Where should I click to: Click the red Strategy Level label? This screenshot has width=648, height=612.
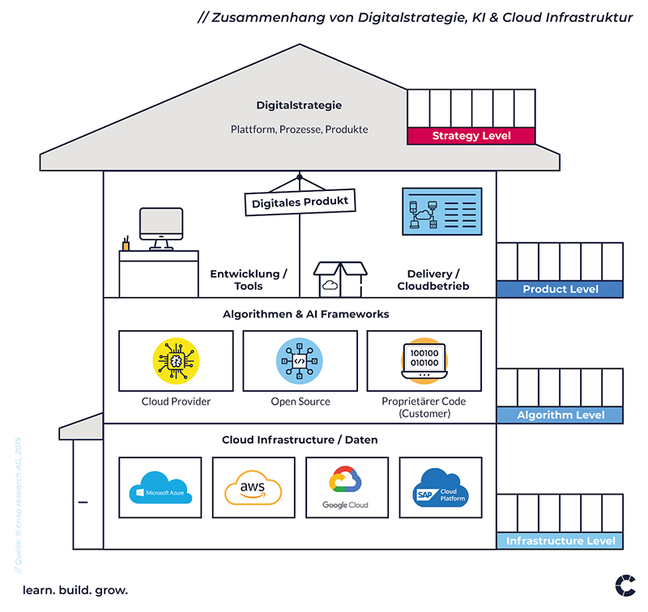[471, 136]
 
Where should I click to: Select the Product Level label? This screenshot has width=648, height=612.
[560, 289]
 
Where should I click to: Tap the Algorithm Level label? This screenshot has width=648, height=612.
[560, 415]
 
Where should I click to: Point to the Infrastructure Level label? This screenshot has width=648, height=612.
[560, 541]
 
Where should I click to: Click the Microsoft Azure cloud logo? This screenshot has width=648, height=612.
[160, 487]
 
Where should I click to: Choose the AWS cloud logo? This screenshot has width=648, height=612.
[253, 487]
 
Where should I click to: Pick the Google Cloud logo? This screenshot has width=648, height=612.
[346, 487]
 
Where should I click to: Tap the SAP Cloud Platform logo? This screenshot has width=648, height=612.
[440, 487]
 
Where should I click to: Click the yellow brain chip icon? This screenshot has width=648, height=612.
[176, 361]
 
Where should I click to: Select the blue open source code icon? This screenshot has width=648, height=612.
[300, 361]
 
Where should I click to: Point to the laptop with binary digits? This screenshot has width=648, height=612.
[424, 361]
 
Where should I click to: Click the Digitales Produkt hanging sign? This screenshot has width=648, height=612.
[300, 202]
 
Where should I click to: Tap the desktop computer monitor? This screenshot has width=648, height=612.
[161, 229]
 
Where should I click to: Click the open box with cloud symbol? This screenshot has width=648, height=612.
[340, 279]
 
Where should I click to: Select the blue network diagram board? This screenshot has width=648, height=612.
[442, 211]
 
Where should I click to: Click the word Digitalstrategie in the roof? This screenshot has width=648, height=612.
[299, 105]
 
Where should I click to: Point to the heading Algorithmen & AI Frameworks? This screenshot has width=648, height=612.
[306, 314]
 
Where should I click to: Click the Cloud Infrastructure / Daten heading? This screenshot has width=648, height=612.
[300, 440]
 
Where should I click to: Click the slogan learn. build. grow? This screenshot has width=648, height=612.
[75, 590]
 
